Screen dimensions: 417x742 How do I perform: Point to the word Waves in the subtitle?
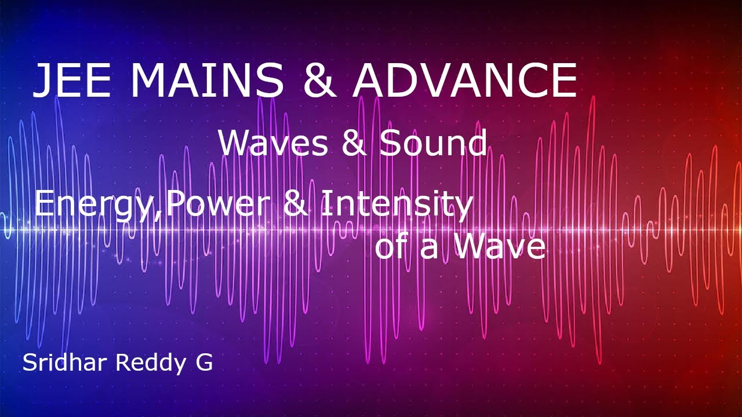click(273, 144)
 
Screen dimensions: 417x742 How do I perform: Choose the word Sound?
click(433, 144)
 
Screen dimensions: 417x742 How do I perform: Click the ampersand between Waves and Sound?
click(354, 144)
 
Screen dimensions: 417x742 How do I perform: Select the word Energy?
click(96, 206)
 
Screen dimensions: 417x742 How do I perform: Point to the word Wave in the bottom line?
click(499, 246)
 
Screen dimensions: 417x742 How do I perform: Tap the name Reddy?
click(147, 364)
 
